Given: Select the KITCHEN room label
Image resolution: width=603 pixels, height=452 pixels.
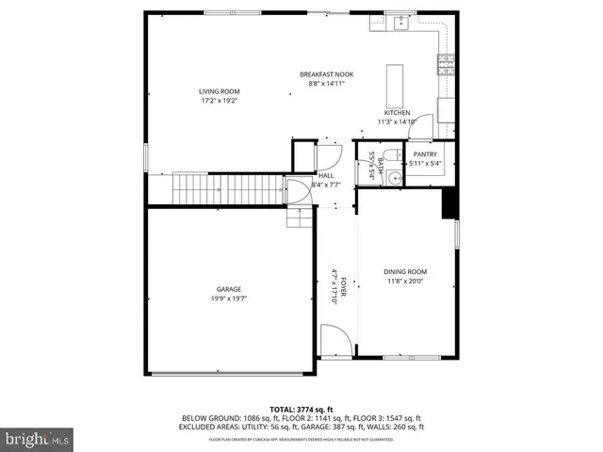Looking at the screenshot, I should pos(397,112).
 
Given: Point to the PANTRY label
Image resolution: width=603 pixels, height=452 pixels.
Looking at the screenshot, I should pos(425,154).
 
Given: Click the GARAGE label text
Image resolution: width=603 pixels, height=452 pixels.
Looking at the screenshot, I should pos(228,289).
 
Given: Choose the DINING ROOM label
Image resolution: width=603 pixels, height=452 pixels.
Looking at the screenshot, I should pos(406,271).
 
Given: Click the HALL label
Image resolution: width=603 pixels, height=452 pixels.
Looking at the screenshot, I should pos(326,175).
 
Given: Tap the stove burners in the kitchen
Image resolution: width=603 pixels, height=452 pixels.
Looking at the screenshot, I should pos(444,64).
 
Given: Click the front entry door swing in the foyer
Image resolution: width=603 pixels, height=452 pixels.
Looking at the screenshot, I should pos(334,340).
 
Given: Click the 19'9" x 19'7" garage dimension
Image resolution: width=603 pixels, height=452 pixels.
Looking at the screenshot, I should pos(228,299).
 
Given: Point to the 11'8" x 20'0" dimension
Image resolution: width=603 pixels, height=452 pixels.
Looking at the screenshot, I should pos(406,281).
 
